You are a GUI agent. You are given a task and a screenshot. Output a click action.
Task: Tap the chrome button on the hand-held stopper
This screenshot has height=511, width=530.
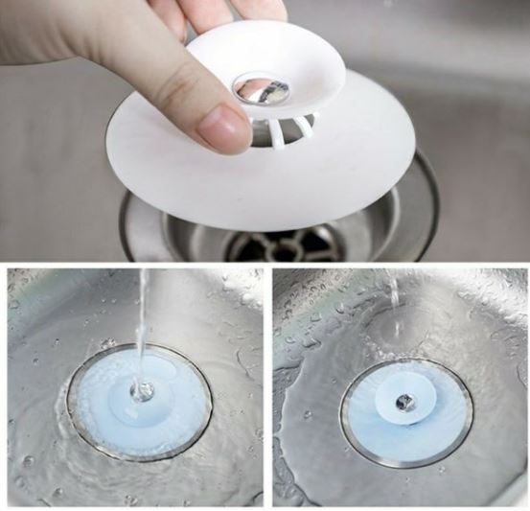262,89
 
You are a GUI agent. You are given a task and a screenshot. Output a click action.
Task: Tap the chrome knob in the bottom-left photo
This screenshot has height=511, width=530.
142,391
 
